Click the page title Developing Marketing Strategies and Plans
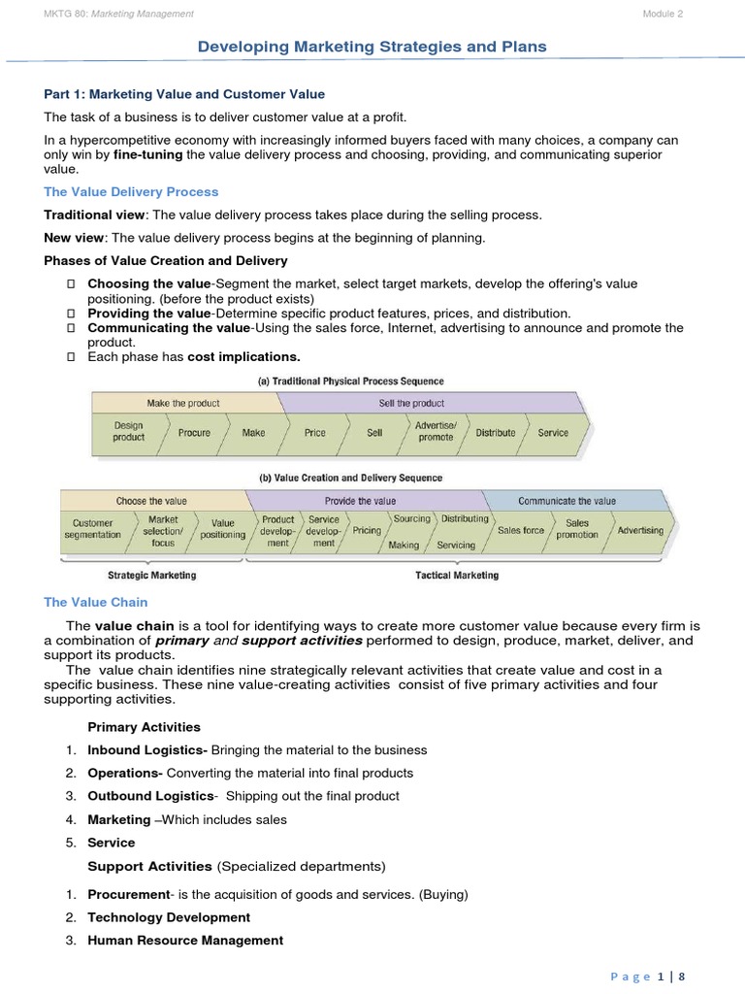click(372, 47)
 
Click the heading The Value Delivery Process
click(132, 191)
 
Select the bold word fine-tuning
click(146, 154)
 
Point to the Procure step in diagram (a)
click(194, 433)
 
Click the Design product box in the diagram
click(128, 432)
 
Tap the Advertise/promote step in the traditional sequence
click(436, 432)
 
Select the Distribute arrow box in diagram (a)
click(495, 433)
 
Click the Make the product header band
click(183, 403)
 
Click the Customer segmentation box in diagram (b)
click(93, 529)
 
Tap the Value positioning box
click(222, 529)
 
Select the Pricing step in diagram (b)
click(367, 531)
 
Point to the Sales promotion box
click(577, 529)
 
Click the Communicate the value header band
click(567, 501)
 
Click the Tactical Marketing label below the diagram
click(457, 576)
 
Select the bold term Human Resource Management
click(185, 940)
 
